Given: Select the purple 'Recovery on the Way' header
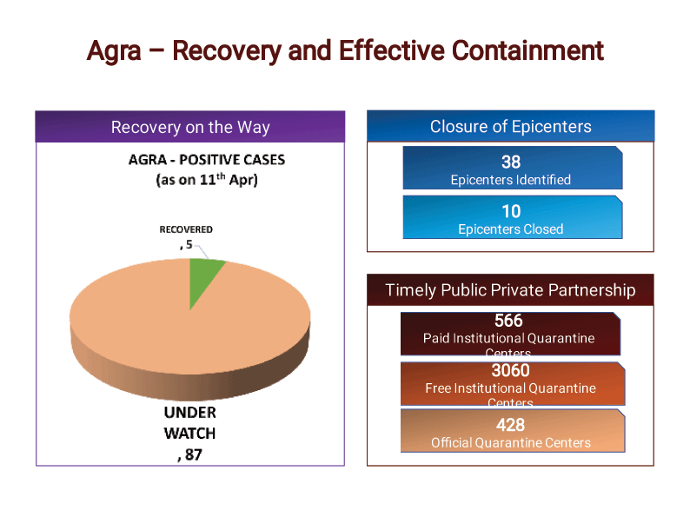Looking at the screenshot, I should coord(190,127).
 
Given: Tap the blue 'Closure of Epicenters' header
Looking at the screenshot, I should coord(510,126).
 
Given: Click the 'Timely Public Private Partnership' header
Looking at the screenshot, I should coord(510,290).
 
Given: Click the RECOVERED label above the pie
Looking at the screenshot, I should coord(185,229).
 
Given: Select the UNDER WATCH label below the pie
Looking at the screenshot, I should coord(189,422).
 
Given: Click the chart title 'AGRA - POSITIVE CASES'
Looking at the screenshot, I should coord(206,160).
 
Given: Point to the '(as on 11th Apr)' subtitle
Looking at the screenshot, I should coord(206,180).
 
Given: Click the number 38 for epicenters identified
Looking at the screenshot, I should coord(510,162).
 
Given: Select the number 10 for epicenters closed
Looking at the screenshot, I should coord(510,211).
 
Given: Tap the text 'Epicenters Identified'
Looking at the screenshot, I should coord(510,180).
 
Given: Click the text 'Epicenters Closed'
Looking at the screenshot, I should coord(510,229).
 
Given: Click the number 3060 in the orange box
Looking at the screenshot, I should coord(510,371).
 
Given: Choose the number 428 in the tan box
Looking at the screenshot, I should coord(510,425).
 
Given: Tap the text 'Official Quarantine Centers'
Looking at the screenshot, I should coord(510,443).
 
